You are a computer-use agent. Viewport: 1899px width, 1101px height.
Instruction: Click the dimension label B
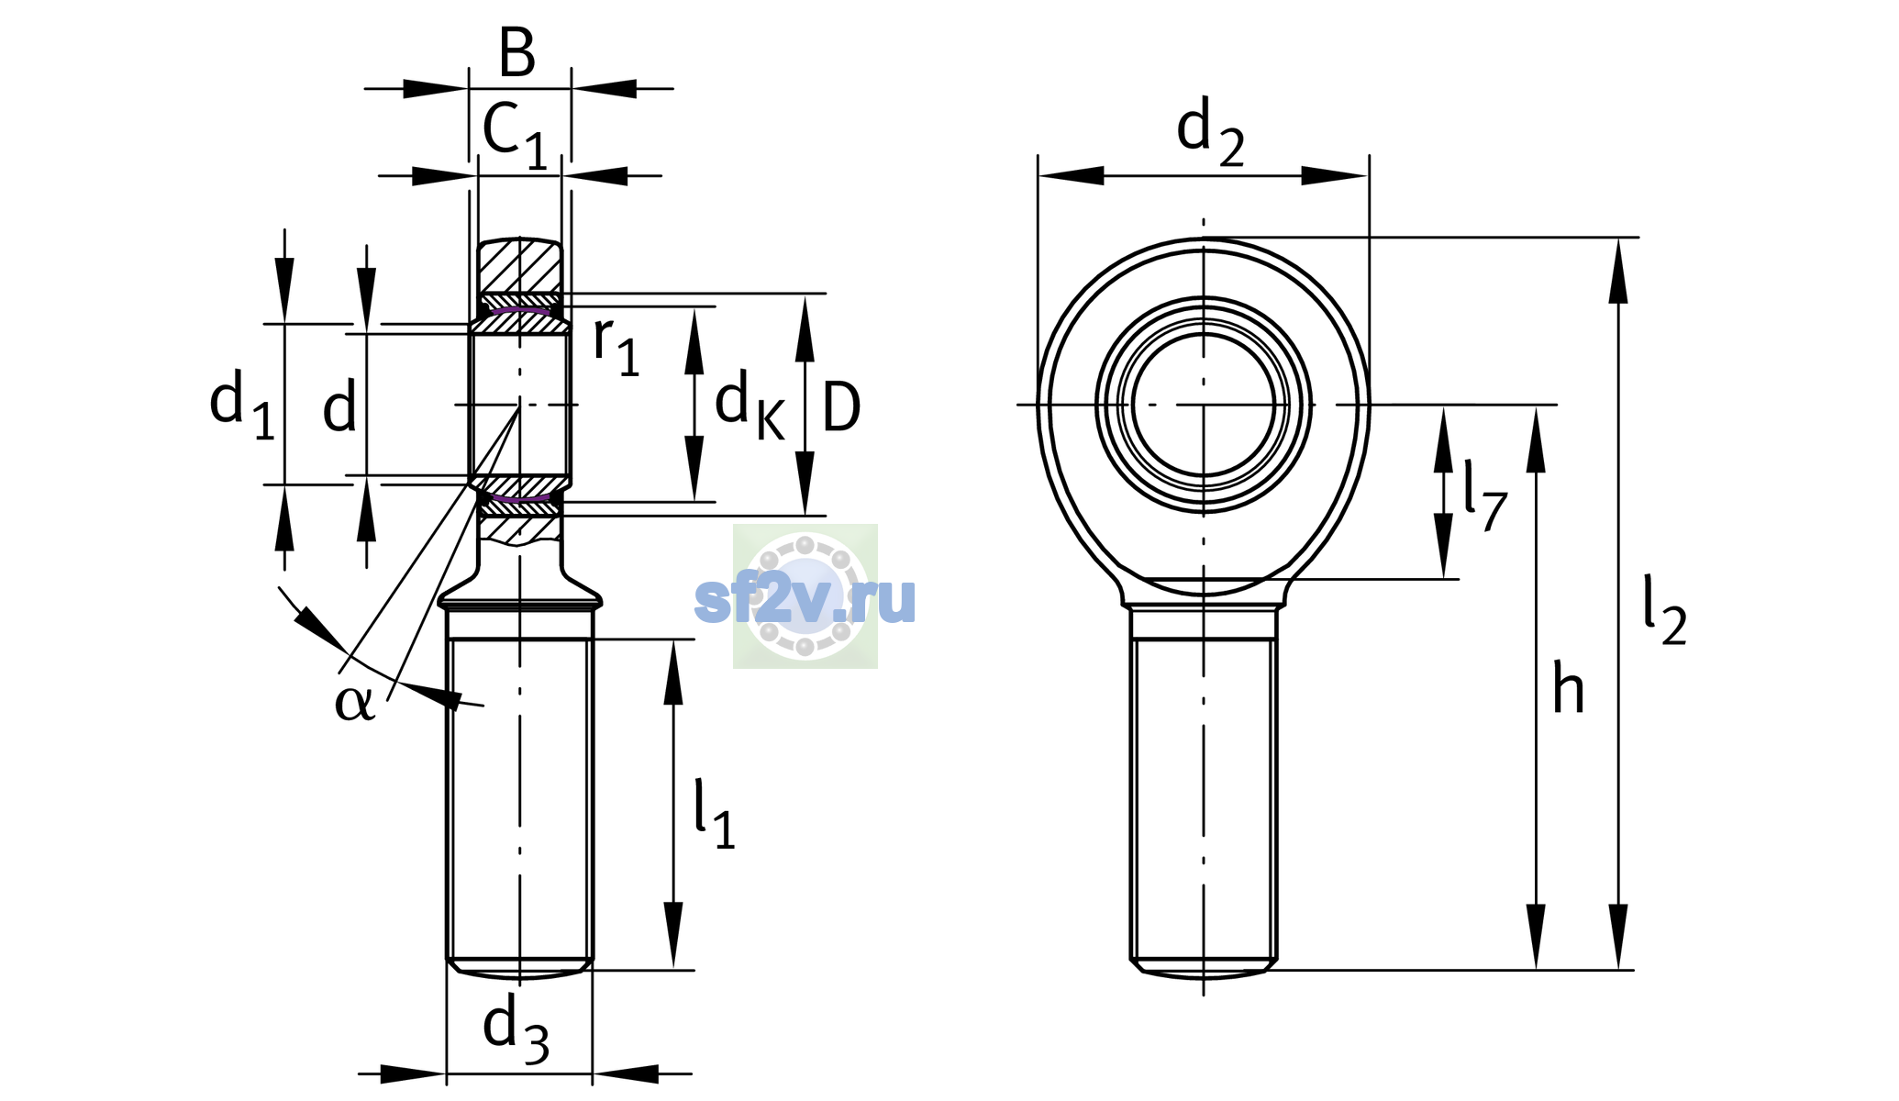pyautogui.click(x=517, y=52)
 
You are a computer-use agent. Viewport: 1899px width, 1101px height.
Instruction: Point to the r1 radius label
pyautogui.click(x=616, y=347)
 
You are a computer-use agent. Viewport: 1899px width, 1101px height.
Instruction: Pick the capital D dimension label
pyautogui.click(x=841, y=406)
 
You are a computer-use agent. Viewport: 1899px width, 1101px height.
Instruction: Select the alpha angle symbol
pyautogui.click(x=354, y=702)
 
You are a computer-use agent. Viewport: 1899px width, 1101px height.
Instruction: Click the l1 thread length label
pyautogui.click(x=715, y=814)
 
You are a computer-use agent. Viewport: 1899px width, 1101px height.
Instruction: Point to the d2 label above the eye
pyautogui.click(x=1210, y=132)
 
